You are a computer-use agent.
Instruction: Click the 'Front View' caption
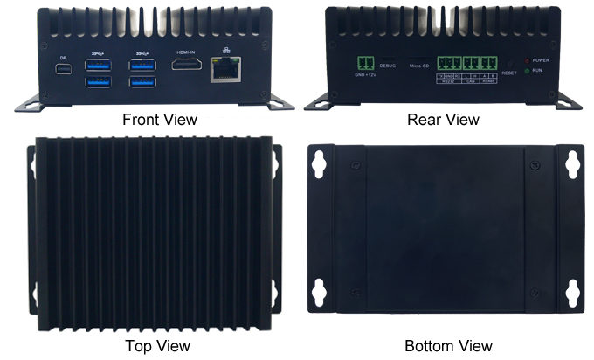(x=159, y=119)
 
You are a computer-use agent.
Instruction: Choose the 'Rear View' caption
(x=443, y=119)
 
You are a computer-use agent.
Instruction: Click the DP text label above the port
(x=63, y=58)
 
